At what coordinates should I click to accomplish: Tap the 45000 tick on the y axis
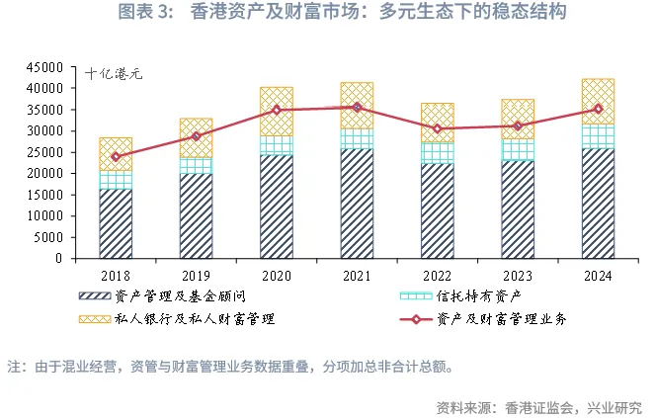[44, 67]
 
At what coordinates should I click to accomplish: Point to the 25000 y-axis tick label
[44, 152]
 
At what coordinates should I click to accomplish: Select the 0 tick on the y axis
[58, 258]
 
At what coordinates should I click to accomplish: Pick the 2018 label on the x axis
[116, 274]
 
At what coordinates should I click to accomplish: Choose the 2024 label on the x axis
[598, 274]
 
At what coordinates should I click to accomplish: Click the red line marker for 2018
[116, 156]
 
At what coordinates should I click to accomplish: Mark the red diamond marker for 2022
[438, 128]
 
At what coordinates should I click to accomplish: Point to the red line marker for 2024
[598, 109]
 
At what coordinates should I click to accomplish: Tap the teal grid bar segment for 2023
[518, 149]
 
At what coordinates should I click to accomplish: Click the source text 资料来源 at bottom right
[538, 405]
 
